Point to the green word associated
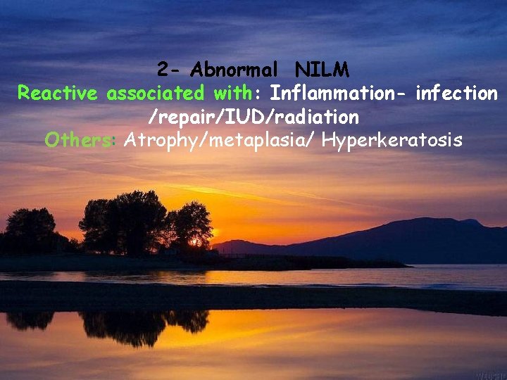point(155,94)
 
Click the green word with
point(231,94)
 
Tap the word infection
point(457,94)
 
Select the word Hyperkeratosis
point(392,140)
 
